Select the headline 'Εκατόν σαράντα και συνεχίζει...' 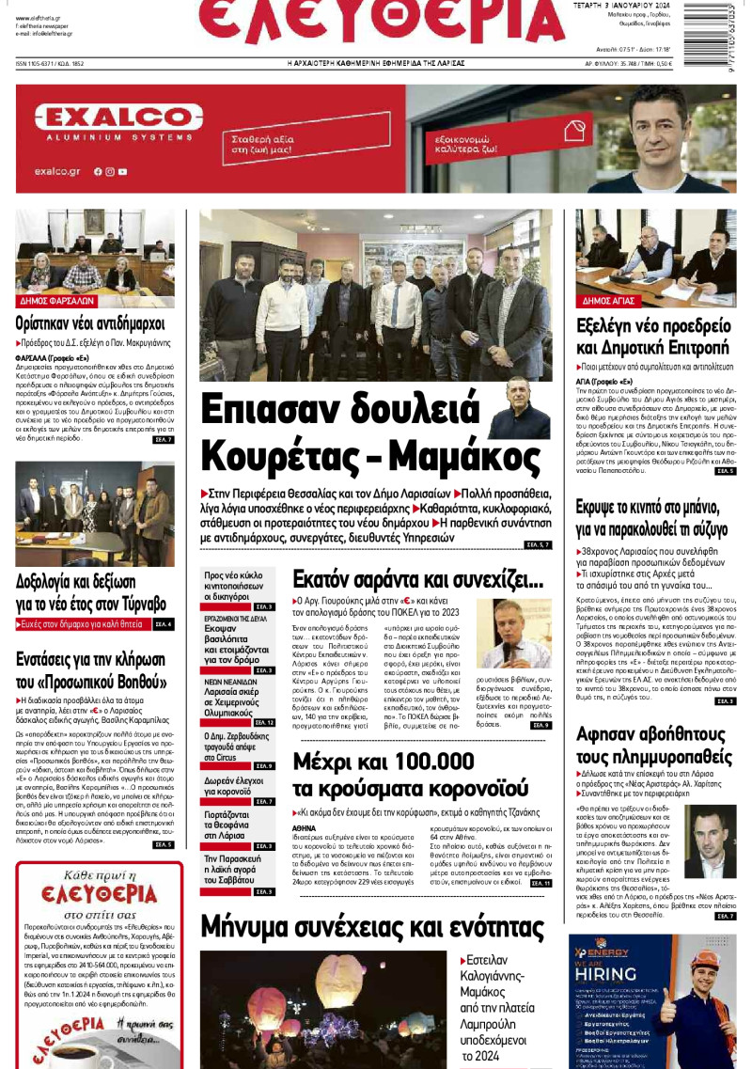click(x=417, y=579)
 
